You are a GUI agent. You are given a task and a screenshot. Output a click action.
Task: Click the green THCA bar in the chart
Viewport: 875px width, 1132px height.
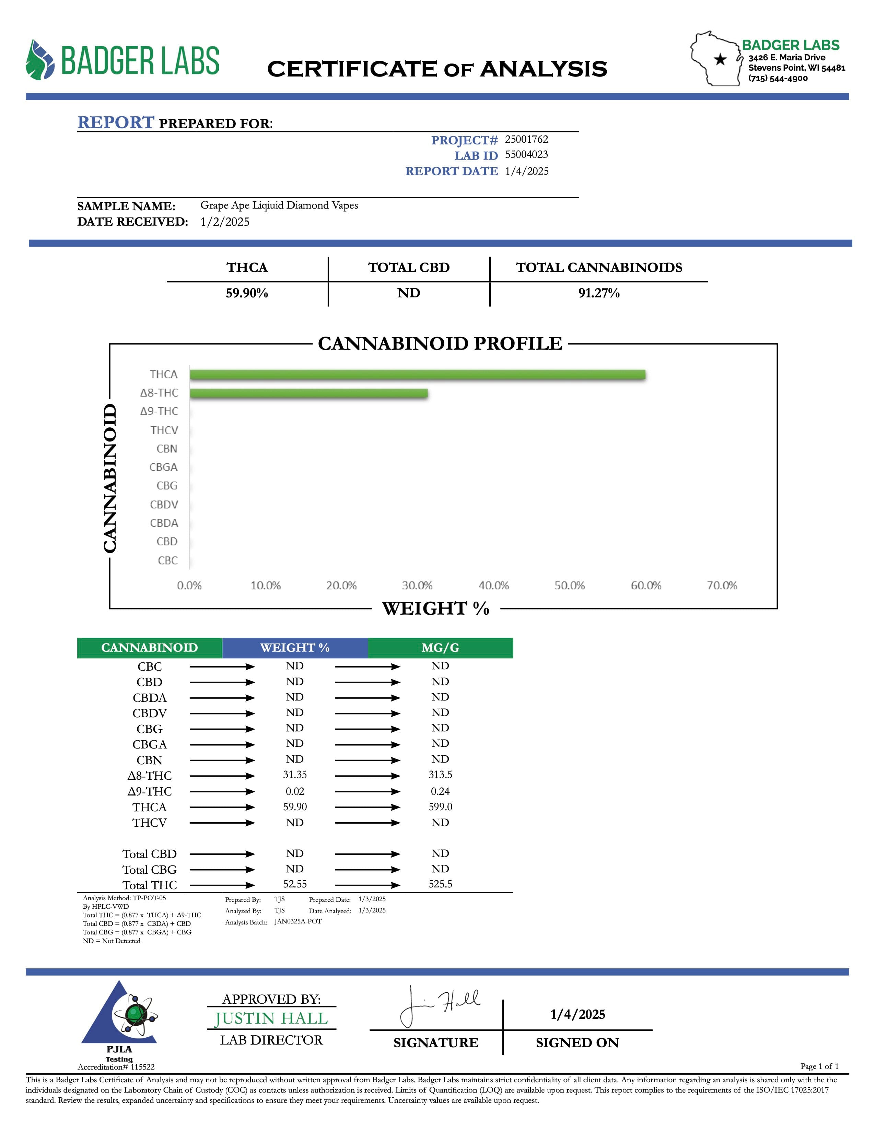click(417, 374)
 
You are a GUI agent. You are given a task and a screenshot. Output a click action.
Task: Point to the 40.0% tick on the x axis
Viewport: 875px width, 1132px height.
click(493, 586)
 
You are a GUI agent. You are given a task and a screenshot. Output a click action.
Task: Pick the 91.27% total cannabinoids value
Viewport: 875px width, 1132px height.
click(599, 293)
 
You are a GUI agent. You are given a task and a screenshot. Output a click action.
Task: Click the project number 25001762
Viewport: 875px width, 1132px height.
click(526, 139)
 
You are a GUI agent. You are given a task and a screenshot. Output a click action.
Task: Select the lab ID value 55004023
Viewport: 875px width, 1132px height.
click(526, 154)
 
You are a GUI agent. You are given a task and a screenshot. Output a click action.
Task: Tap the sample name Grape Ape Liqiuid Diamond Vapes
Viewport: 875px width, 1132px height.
click(279, 205)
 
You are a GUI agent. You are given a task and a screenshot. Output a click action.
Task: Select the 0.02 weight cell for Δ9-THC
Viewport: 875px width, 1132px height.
click(294, 791)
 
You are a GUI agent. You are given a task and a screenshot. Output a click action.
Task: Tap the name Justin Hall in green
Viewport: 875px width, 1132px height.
click(271, 1018)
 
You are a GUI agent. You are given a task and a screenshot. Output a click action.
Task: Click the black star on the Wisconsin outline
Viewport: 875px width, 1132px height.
click(720, 60)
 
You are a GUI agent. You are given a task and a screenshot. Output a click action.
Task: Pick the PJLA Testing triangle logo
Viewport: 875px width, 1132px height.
click(119, 1016)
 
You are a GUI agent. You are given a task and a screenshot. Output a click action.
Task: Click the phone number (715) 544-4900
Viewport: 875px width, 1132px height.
click(778, 78)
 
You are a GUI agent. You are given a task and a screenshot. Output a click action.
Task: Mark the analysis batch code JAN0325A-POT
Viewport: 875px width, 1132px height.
click(298, 922)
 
